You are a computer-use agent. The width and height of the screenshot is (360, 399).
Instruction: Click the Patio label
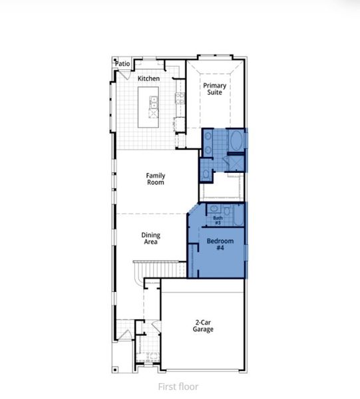[122, 64]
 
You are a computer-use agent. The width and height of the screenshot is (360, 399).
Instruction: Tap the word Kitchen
[148, 78]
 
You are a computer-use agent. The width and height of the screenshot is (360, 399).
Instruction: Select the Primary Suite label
[214, 90]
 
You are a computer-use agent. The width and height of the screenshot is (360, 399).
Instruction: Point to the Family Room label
[156, 179]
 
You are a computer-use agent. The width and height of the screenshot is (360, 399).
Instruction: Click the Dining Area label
[150, 238]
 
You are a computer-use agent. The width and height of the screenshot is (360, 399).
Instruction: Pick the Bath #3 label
[217, 220]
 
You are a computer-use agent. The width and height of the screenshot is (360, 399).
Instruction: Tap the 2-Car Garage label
[203, 326]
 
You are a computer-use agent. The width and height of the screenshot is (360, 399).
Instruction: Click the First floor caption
[178, 386]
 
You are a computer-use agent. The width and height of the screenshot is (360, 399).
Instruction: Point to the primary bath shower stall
[235, 163]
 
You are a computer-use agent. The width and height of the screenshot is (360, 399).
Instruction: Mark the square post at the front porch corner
[115, 368]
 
